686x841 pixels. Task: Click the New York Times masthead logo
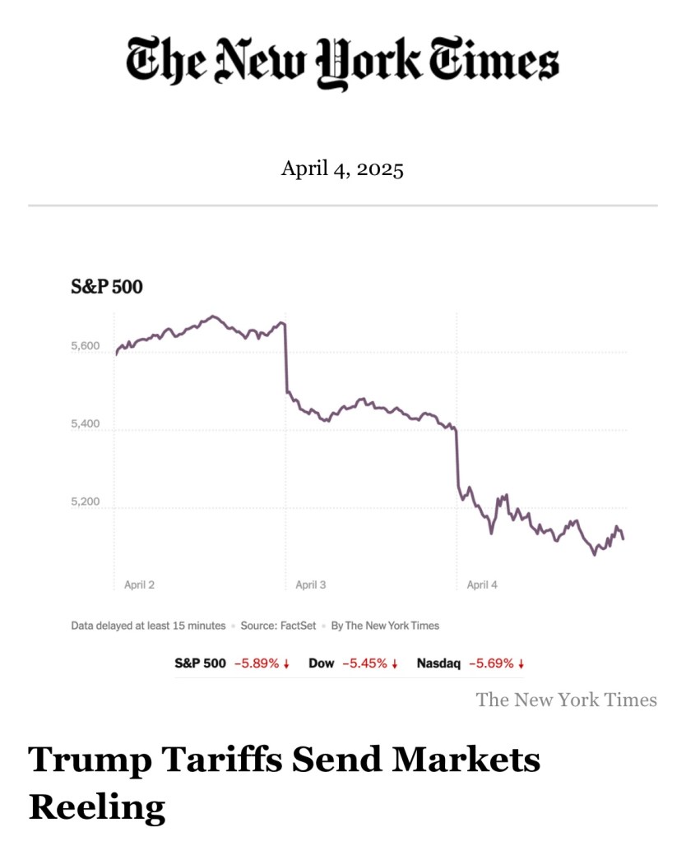(x=342, y=62)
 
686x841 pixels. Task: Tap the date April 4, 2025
(x=342, y=169)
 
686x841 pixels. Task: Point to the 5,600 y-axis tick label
(x=86, y=345)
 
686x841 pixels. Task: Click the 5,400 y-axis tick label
(x=86, y=424)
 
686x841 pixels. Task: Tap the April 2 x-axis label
(x=139, y=585)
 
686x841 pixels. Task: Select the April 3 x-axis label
(x=311, y=585)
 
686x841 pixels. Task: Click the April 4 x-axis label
(x=482, y=585)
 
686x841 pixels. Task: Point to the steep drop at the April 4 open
(x=457, y=460)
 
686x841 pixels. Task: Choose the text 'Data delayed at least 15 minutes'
(x=148, y=626)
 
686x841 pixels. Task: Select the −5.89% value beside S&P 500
(x=257, y=663)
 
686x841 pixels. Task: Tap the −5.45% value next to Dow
(x=365, y=663)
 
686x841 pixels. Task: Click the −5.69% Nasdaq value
(x=491, y=663)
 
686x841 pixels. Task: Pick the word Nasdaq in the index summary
(x=438, y=663)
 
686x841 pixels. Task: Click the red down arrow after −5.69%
(x=521, y=663)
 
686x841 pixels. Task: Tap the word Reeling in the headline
(x=97, y=807)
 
